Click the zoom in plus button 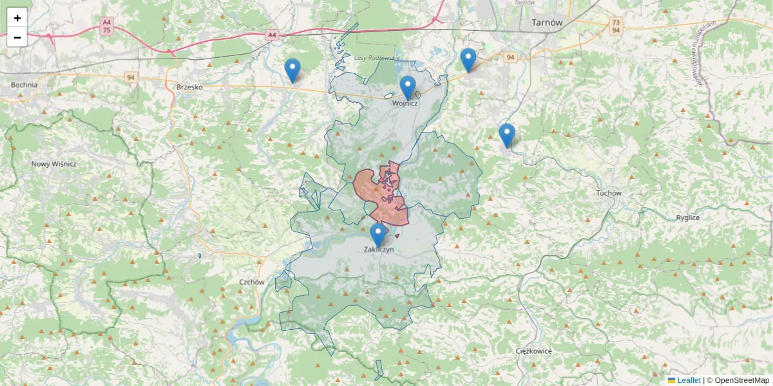17,18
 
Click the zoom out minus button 17,37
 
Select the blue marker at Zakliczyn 378,235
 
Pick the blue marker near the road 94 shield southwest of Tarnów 468,60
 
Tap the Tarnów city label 548,22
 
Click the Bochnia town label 24,84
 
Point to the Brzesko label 189,87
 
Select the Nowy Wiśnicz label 54,164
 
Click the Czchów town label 252,282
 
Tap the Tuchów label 608,193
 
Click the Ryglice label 688,217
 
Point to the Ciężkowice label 534,351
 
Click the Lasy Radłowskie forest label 377,58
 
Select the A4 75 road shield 106,26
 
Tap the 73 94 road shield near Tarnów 616,26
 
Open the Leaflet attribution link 688,380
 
